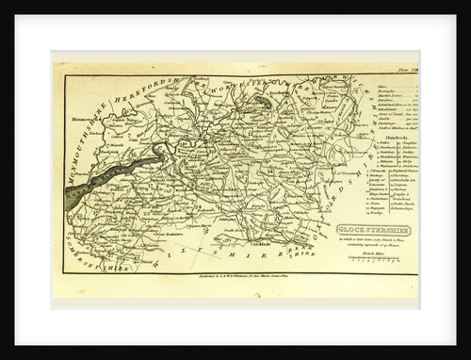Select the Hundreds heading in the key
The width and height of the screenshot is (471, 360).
click(x=392, y=135)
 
